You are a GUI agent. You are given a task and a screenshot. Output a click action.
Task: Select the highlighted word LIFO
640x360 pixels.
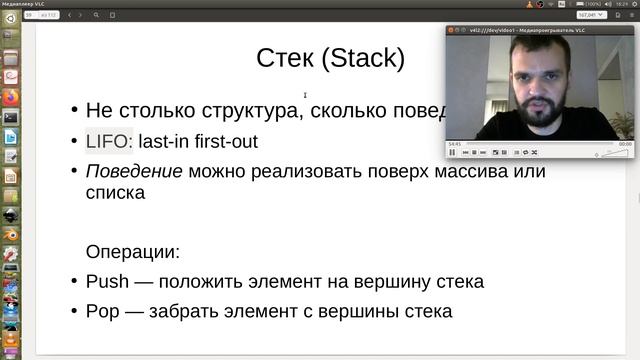tap(107, 141)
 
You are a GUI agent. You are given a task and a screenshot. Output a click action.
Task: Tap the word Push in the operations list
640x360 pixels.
tap(108, 281)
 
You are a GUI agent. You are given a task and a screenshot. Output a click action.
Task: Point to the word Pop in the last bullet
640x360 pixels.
tap(104, 311)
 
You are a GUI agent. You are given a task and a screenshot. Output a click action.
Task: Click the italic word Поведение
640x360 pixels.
tap(134, 171)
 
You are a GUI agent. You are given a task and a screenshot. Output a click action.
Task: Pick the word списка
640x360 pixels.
tap(116, 192)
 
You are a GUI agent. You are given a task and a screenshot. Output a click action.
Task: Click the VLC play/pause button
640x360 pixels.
tap(452, 152)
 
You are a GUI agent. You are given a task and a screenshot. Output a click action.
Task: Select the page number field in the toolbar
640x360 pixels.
tap(30, 15)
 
